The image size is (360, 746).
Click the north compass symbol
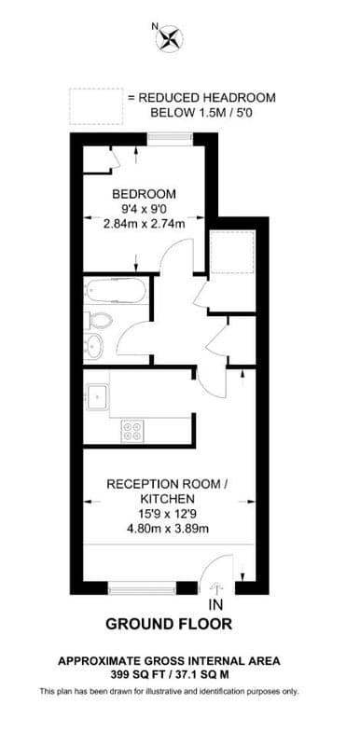pos(170,38)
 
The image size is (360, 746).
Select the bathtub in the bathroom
pos(115,290)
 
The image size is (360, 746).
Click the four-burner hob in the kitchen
pos(132,431)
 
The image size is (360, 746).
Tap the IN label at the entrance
pos(215,604)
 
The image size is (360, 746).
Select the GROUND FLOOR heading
pos(169,624)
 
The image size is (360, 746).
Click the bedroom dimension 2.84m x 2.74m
pos(145,224)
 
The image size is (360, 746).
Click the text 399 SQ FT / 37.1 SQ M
pos(169,674)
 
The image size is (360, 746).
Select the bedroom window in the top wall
pos(170,139)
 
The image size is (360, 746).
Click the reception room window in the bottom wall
pos(142,589)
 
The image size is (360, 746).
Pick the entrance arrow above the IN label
pos(215,588)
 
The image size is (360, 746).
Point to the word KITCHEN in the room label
pos(167,499)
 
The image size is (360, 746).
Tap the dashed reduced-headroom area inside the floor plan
pos(232,252)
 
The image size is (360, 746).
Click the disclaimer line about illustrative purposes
pos(169,691)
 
